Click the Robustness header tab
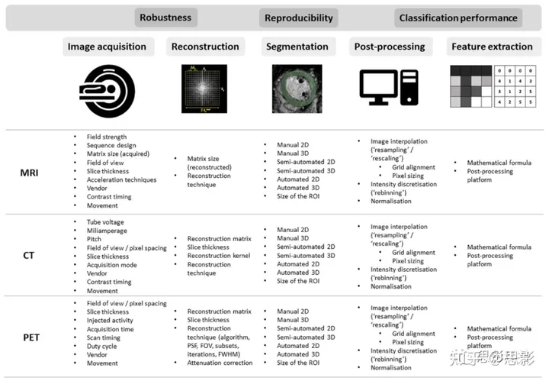pyautogui.click(x=165, y=17)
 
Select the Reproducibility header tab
pyautogui.click(x=298, y=18)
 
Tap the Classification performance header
pyautogui.click(x=457, y=18)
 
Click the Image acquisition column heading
pyautogui.click(x=107, y=47)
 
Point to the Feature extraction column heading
pyautogui.click(x=492, y=47)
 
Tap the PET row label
pyautogui.click(x=28, y=336)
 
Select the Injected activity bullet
pyautogui.click(x=111, y=321)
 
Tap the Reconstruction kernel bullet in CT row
pyautogui.click(x=222, y=256)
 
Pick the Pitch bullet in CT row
pyautogui.click(x=95, y=239)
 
